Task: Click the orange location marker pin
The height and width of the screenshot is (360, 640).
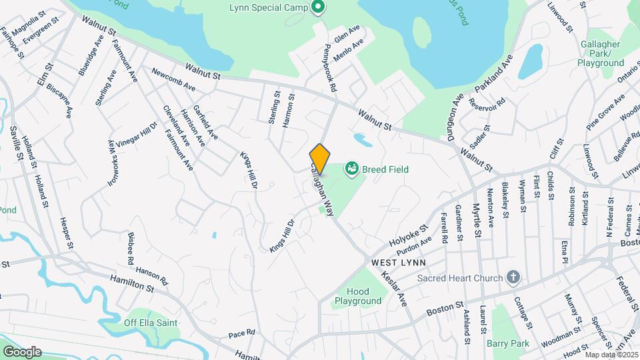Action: tap(319, 159)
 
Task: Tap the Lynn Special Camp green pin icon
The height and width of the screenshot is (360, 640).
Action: tap(318, 8)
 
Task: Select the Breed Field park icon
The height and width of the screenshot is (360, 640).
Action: tap(351, 170)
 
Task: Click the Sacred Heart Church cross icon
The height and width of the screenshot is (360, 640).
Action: tap(513, 277)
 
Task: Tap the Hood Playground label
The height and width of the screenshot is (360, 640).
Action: tap(358, 296)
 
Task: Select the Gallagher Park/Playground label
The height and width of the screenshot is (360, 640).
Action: tap(601, 57)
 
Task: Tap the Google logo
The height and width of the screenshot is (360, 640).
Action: tap(22, 351)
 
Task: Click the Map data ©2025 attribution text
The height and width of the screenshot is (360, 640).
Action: tap(610, 354)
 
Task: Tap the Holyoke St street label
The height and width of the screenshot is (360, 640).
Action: tap(409, 237)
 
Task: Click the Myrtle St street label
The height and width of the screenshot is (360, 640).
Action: tap(477, 219)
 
